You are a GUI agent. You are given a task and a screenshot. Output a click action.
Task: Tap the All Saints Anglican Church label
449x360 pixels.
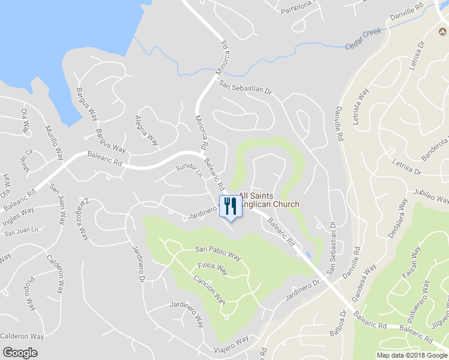point(269,200)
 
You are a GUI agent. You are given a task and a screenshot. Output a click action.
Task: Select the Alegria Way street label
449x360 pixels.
point(146,131)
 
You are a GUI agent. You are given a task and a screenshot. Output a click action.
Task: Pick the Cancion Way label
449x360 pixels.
point(209,289)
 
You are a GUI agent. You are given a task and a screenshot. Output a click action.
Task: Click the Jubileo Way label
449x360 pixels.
point(430,196)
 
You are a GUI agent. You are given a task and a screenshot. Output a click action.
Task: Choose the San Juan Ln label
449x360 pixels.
point(22,230)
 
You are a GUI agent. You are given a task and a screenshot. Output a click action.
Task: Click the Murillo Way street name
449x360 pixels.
point(54,142)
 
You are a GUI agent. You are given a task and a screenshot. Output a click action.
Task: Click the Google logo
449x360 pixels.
point(20,353)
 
